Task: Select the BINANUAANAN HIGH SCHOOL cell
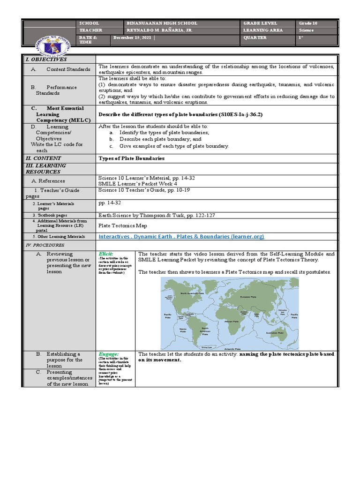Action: coord(162,23)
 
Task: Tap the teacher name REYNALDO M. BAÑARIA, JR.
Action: coord(159,30)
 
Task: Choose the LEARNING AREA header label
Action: coord(259,30)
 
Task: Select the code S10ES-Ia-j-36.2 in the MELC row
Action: coord(239,114)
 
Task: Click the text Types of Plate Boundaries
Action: coord(131,158)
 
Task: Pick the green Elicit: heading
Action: coord(105,254)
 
